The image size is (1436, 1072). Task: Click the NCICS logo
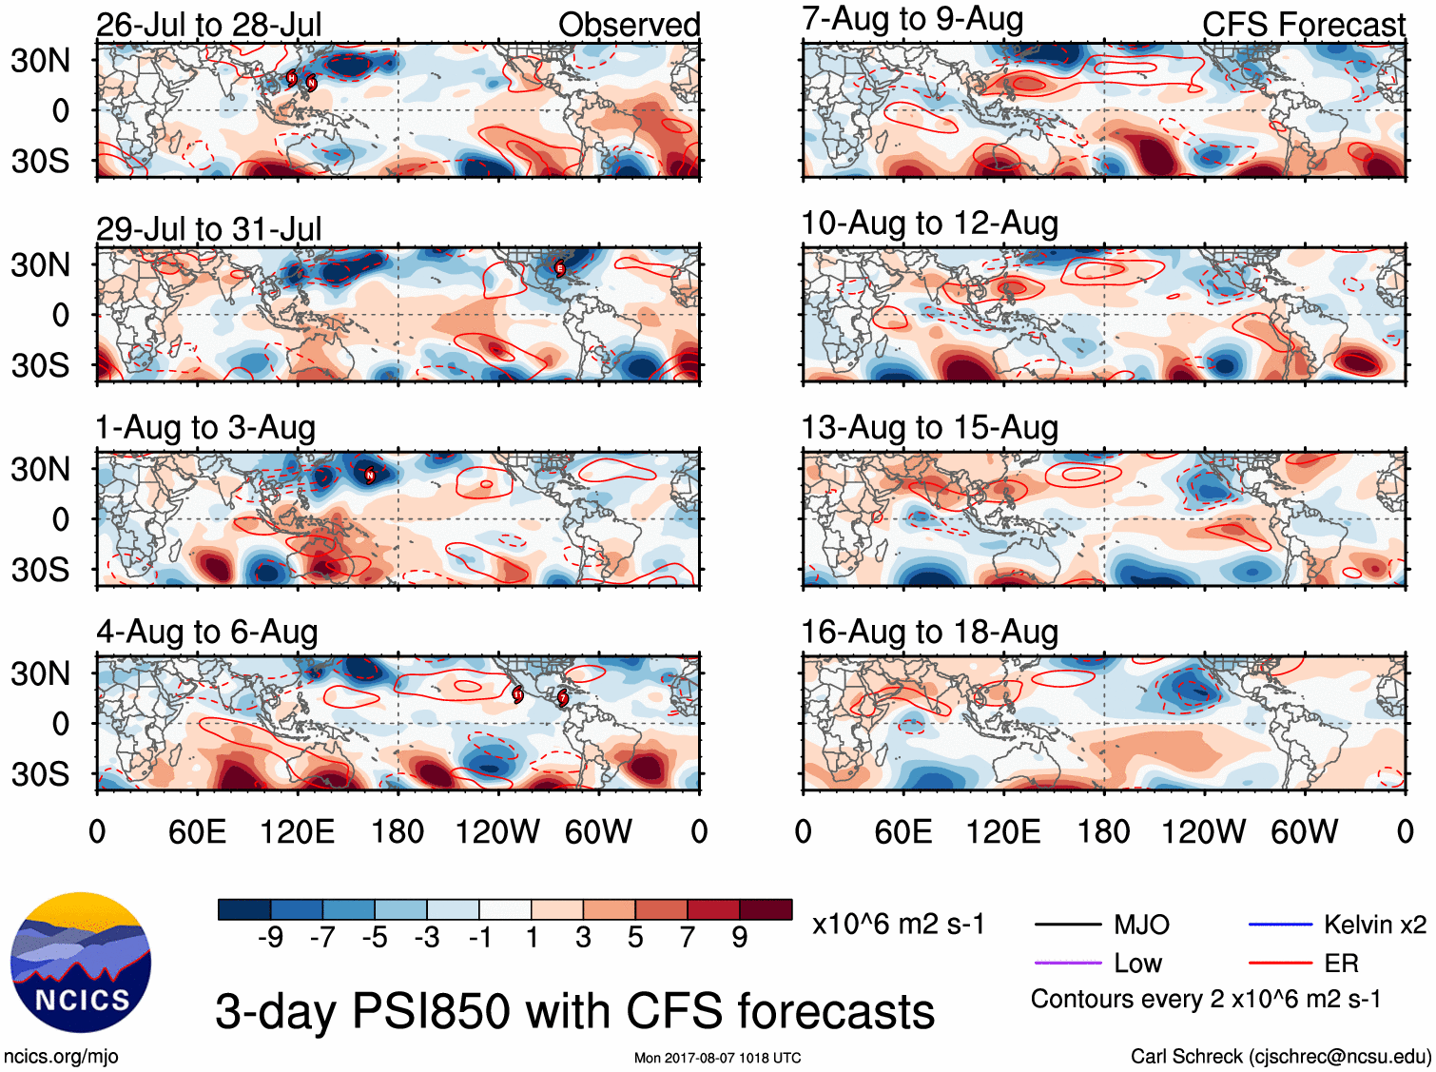click(x=81, y=962)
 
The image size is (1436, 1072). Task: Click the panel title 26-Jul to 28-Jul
click(x=208, y=25)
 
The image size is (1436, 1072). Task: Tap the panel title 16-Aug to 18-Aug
click(x=929, y=632)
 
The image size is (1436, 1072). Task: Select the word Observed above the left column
click(x=629, y=25)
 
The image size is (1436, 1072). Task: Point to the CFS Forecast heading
click(x=1303, y=25)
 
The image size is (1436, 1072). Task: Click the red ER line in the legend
click(x=1279, y=964)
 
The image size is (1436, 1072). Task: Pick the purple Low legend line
click(x=1067, y=964)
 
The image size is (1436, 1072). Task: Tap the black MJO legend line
click(x=1067, y=925)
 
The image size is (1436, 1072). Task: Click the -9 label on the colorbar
click(x=270, y=938)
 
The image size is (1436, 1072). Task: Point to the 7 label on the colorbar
click(x=688, y=938)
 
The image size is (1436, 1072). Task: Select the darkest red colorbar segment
click(x=766, y=909)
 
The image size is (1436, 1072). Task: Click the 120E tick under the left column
click(x=298, y=832)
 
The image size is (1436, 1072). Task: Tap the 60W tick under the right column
click(x=1304, y=832)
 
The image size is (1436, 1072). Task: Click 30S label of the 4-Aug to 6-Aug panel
click(x=40, y=774)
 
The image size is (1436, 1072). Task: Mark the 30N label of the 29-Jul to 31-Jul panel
click(x=40, y=264)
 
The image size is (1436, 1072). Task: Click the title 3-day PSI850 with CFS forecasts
click(x=574, y=1011)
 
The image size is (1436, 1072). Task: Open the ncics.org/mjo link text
click(x=61, y=1056)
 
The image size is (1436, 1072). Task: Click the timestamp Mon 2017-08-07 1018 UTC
click(x=717, y=1058)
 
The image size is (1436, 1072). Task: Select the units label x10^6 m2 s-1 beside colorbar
click(x=898, y=925)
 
